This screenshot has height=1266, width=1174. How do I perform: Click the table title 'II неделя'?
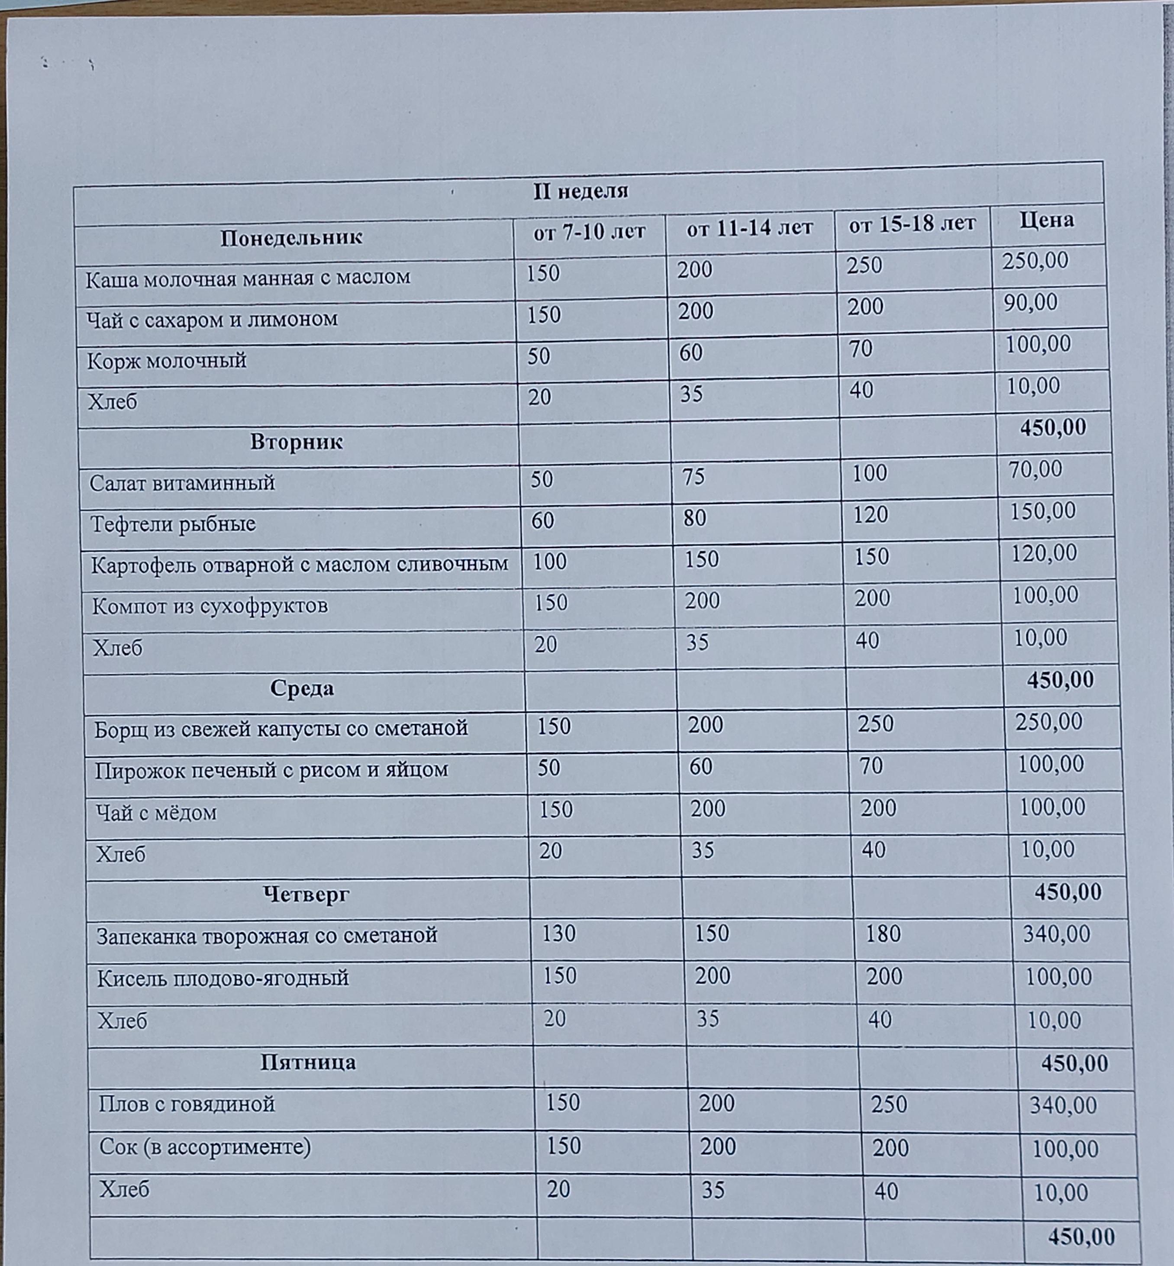click(580, 191)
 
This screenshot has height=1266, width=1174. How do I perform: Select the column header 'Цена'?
click(1046, 220)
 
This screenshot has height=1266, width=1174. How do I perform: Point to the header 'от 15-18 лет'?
click(912, 224)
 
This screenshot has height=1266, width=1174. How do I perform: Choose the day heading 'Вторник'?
click(296, 442)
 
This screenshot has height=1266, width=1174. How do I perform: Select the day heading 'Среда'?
click(302, 688)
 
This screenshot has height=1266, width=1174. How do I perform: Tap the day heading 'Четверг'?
click(306, 894)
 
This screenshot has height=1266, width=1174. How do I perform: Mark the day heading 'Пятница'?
click(308, 1062)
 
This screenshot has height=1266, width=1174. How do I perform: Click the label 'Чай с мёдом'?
click(156, 812)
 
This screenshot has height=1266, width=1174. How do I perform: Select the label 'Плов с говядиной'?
click(187, 1104)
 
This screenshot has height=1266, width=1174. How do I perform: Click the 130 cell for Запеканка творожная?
click(558, 933)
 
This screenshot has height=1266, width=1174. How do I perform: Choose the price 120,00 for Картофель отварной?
click(1044, 553)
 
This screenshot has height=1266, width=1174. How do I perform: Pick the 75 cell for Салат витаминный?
click(694, 476)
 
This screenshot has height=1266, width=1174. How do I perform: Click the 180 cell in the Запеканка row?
click(883, 933)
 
